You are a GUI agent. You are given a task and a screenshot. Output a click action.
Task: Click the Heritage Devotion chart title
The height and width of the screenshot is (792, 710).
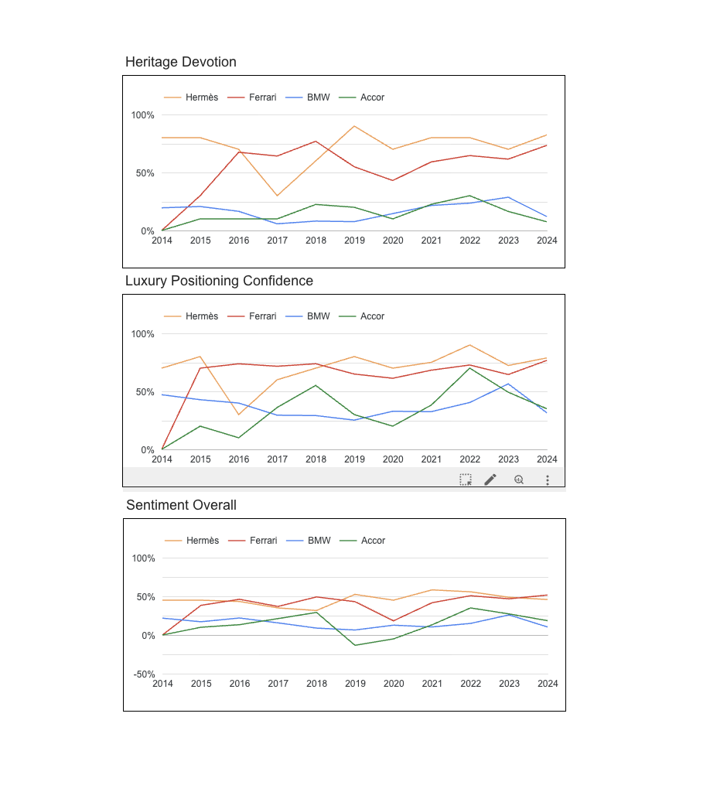pos(181,62)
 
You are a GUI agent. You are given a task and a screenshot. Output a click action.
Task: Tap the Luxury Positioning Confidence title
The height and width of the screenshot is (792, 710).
pos(219,281)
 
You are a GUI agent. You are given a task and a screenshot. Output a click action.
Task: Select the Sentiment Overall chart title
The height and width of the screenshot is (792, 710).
pos(181,505)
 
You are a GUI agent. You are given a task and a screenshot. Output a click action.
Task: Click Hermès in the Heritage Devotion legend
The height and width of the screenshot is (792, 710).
pos(201,97)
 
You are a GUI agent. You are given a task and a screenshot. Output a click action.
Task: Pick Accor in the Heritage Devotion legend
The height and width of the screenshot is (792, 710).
pos(372,97)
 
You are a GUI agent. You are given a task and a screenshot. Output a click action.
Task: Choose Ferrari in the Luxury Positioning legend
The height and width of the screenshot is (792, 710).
pos(262,316)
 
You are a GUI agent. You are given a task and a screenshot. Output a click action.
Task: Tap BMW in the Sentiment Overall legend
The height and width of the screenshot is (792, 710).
pos(319,541)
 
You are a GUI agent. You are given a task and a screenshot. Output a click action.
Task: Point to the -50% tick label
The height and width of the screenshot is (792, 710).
pos(144,674)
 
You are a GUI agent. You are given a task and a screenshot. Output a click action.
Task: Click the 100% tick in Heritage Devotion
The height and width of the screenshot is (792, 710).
pos(142,115)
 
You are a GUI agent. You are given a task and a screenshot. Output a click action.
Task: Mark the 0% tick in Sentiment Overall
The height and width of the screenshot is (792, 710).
pos(147,636)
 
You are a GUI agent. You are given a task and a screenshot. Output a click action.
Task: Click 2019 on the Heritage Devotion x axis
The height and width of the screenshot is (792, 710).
pos(354,241)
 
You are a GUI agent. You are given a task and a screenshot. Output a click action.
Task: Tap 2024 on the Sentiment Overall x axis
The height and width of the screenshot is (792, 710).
pos(548,684)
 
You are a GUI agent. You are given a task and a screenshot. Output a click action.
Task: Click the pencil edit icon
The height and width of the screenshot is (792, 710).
pos(490,480)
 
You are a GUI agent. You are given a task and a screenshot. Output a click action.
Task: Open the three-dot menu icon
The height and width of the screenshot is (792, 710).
pos(548,480)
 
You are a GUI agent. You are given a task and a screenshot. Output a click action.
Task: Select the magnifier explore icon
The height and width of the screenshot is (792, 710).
pos(519,480)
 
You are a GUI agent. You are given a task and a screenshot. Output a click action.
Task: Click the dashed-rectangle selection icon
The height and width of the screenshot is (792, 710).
pos(466,480)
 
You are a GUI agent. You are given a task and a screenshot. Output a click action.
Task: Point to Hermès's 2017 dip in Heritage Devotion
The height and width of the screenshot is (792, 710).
pos(277,196)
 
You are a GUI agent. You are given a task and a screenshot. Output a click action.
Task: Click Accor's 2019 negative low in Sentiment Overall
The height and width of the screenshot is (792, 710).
pos(355,645)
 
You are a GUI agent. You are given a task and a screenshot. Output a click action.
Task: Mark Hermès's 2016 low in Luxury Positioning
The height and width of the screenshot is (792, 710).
pos(239,415)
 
